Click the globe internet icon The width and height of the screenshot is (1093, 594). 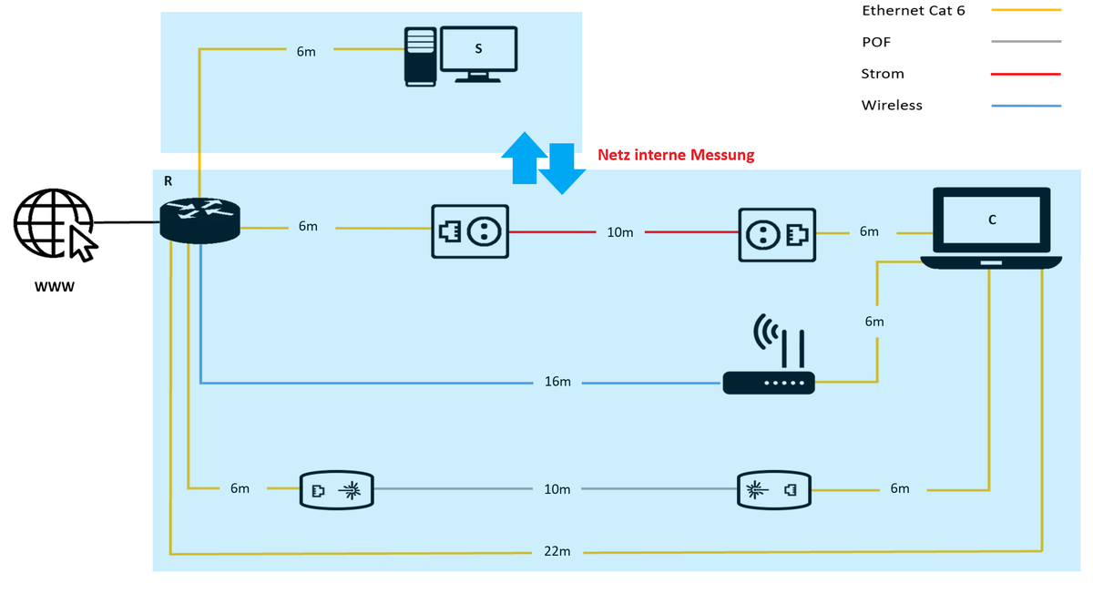click(53, 223)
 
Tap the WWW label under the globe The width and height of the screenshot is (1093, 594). click(54, 288)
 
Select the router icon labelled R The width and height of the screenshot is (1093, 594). click(199, 220)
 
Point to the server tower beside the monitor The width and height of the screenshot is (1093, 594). click(420, 56)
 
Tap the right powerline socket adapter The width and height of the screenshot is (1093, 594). click(776, 231)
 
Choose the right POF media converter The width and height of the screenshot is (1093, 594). click(773, 490)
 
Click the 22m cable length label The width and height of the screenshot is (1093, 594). click(557, 552)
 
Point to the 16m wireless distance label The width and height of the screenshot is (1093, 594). click(557, 382)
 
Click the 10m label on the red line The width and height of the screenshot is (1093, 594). click(619, 232)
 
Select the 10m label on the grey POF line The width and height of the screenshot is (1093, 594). click(557, 489)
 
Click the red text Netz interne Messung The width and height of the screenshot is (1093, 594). click(676, 155)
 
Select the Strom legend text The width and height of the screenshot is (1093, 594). click(882, 74)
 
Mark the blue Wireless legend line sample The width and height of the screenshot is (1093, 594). click(1027, 107)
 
